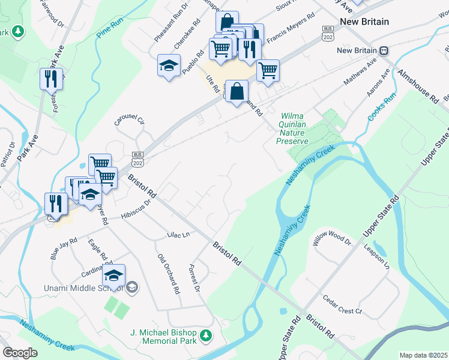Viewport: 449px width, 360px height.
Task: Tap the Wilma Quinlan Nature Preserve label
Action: tap(292, 128)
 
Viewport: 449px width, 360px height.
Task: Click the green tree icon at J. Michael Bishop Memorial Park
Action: tap(206, 334)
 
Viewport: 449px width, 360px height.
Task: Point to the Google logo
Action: tap(20, 353)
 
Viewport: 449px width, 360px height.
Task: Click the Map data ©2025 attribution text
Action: tap(423, 355)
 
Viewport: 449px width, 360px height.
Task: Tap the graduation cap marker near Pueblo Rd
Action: tap(169, 65)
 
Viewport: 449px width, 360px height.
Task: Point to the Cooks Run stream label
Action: tap(378, 106)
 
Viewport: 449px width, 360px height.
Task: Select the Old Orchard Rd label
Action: tap(169, 274)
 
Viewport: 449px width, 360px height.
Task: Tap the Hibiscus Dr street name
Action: tap(135, 208)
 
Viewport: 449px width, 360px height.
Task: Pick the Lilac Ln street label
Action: tap(178, 234)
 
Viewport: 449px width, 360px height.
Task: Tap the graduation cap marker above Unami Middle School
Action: tap(113, 276)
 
